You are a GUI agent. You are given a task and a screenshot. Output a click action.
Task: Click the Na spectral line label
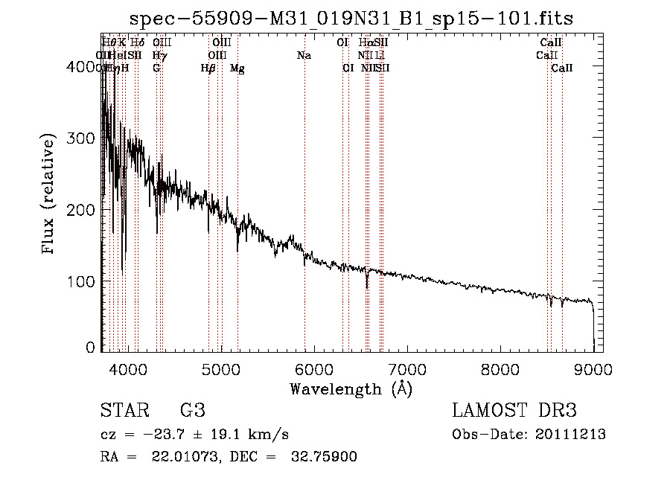[x=304, y=56]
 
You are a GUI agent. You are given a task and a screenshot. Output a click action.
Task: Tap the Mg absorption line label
[x=237, y=68]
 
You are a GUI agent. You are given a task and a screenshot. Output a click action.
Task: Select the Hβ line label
[x=208, y=68]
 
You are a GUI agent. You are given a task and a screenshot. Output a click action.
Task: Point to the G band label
[x=156, y=68]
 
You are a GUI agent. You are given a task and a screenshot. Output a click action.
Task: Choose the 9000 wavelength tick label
[x=593, y=369]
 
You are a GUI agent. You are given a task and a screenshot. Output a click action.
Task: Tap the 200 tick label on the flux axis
[x=85, y=210]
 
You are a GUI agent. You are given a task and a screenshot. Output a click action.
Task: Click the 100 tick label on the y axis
[x=85, y=281]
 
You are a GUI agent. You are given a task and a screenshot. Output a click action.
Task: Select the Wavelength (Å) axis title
[x=351, y=388]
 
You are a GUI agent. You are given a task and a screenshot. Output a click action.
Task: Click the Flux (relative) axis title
[x=50, y=195]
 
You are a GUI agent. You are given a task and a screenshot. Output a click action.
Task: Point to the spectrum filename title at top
[x=351, y=19]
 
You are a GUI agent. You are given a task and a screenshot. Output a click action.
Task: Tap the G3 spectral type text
[x=192, y=410]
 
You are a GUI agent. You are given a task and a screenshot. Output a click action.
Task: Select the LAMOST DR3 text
[x=514, y=410]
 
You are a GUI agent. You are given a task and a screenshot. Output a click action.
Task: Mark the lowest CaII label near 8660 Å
[x=562, y=68]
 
